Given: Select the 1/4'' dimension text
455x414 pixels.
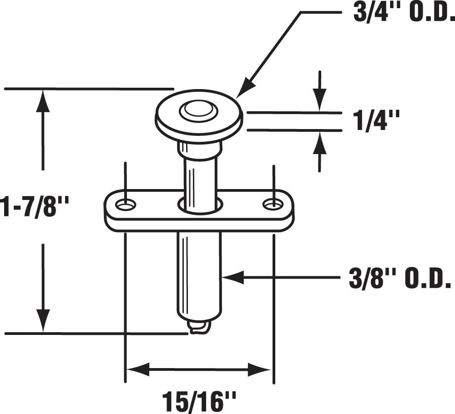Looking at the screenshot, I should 376,121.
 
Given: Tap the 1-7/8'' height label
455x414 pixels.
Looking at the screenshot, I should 34,207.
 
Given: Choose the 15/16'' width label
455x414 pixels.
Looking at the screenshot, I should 199,401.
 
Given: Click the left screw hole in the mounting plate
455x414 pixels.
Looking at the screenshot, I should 126,205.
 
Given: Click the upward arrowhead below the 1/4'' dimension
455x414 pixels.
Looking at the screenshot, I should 320,142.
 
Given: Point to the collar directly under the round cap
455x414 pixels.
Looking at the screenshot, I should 199,150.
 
